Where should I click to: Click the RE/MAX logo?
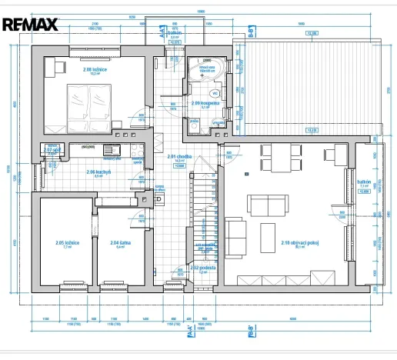31,24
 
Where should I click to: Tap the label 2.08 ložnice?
95,71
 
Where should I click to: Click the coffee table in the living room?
268,232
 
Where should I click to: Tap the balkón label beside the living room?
365,182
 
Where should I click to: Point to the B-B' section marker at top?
249,34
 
